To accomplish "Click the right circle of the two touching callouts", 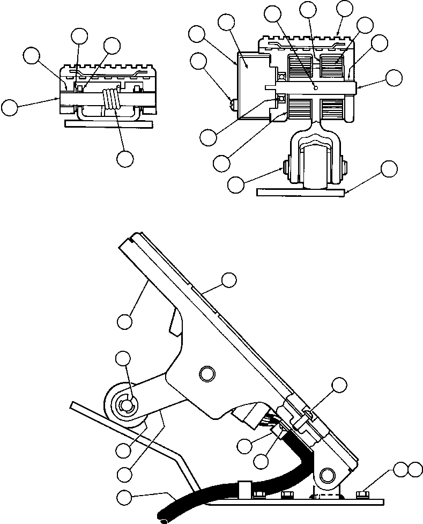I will [415, 470].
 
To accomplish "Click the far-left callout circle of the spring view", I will [9, 106].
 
